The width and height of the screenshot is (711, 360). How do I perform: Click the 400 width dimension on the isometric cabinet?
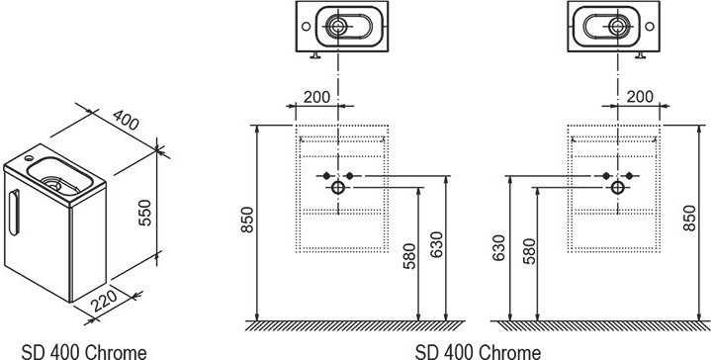126,120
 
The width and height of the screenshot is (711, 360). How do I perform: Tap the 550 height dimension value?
144,213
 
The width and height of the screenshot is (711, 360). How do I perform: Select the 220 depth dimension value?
104,301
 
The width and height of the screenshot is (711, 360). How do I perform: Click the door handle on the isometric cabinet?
15,213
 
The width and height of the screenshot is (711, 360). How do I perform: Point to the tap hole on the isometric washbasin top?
29,158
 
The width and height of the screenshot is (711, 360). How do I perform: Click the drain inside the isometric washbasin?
54,185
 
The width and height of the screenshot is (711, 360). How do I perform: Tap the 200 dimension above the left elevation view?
317,97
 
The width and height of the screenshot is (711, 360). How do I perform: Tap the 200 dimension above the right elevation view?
640,97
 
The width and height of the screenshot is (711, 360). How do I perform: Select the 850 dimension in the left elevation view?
247,220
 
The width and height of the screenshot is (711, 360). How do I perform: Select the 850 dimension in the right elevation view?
689,219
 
